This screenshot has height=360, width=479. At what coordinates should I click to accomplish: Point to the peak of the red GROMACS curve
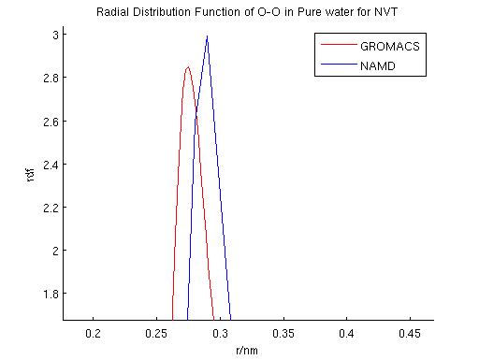(x=188, y=66)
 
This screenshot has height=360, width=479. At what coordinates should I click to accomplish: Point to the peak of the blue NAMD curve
(x=207, y=36)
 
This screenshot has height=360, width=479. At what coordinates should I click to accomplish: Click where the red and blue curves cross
(x=196, y=112)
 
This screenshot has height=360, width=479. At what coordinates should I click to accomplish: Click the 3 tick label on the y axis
(x=53, y=35)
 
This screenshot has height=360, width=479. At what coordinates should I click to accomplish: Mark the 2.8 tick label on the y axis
(x=49, y=78)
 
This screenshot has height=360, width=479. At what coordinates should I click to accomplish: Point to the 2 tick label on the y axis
(x=53, y=251)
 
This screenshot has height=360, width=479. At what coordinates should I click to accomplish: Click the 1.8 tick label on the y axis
(x=49, y=294)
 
